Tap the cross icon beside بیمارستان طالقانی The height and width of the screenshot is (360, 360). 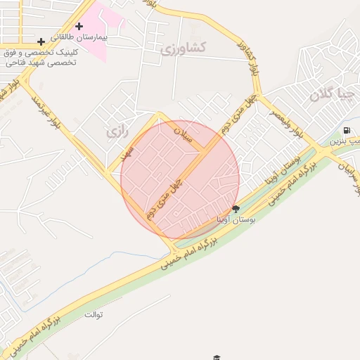(x=79, y=27)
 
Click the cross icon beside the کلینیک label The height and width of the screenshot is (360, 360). (x=41, y=42)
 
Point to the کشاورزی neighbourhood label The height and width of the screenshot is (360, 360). (x=183, y=49)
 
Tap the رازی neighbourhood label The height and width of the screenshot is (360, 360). (x=114, y=131)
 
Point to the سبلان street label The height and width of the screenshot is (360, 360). (x=186, y=136)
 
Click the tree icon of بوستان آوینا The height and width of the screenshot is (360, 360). (x=235, y=208)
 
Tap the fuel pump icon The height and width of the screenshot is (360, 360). (x=347, y=131)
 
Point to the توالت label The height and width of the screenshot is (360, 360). (x=94, y=314)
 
